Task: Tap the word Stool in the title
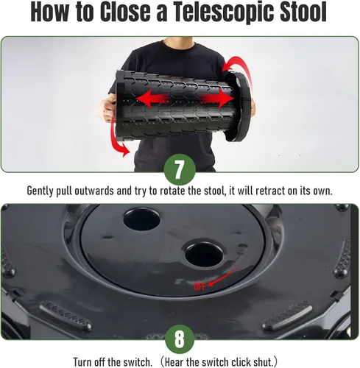pyautogui.click(x=303, y=11)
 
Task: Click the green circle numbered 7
pyautogui.click(x=180, y=169)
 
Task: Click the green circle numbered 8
pyautogui.click(x=180, y=339)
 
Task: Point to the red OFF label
pyautogui.click(x=200, y=286)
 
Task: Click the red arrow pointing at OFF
pyautogui.click(x=223, y=277)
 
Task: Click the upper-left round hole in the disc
pyautogui.click(x=141, y=219)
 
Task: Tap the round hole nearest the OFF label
pyautogui.click(x=204, y=254)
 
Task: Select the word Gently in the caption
pyautogui.click(x=40, y=191)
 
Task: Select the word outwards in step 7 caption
pyautogui.click(x=94, y=191)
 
